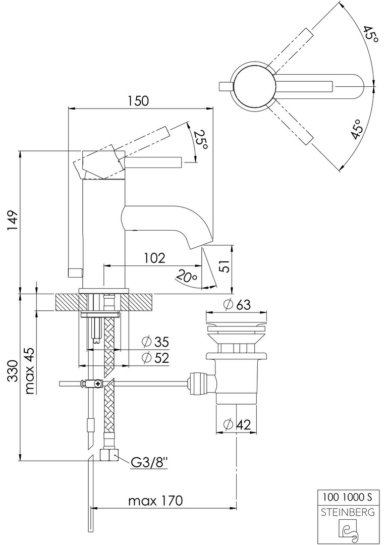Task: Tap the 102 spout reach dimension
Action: point(154,258)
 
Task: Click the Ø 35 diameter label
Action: point(155,342)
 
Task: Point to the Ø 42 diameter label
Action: point(237,425)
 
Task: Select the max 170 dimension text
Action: point(155,501)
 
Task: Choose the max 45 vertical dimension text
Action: point(29,371)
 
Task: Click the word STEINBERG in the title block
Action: point(348,512)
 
